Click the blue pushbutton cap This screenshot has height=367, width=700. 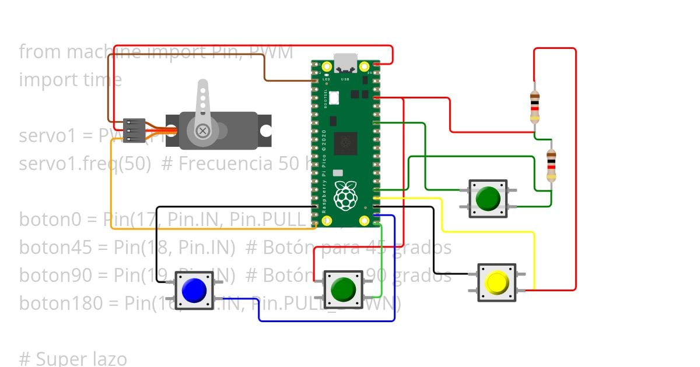point(194,290)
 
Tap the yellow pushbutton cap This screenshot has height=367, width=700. point(497,283)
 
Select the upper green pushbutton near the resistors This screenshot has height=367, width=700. point(488,199)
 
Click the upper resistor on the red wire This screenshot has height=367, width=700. point(534,107)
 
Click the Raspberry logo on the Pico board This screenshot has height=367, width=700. point(345,196)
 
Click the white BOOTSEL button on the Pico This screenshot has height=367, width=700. point(334,98)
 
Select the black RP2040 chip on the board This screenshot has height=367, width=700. point(345,142)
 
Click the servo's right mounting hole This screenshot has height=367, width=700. point(266,131)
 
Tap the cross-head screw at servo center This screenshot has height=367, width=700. point(202,131)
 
